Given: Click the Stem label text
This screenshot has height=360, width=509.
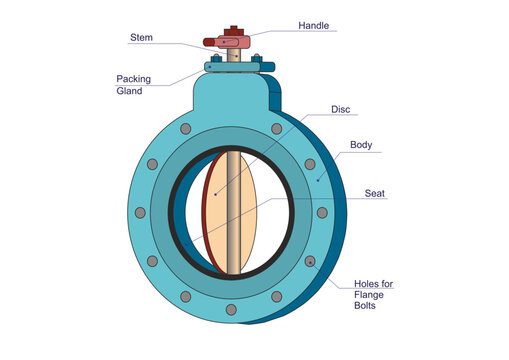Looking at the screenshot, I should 142,38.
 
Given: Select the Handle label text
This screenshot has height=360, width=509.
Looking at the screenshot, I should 313,25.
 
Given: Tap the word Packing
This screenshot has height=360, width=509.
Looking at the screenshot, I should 134,78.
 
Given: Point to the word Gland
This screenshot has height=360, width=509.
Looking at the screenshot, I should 130,90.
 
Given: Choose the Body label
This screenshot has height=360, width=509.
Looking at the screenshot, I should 361,146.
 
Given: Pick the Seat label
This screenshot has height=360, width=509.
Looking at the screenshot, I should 375,193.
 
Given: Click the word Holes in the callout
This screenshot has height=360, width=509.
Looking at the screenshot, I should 368,283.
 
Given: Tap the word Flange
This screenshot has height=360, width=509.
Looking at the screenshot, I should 371,295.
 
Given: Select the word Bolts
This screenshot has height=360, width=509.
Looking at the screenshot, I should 367,307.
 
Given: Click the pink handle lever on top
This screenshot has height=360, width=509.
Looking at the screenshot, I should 228,42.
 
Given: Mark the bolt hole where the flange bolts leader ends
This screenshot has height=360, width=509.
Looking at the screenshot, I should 311,262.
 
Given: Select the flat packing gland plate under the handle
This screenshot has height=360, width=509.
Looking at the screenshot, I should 236,66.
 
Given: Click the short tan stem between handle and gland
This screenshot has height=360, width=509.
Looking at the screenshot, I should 234,55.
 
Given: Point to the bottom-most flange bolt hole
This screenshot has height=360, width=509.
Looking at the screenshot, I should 231,309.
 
